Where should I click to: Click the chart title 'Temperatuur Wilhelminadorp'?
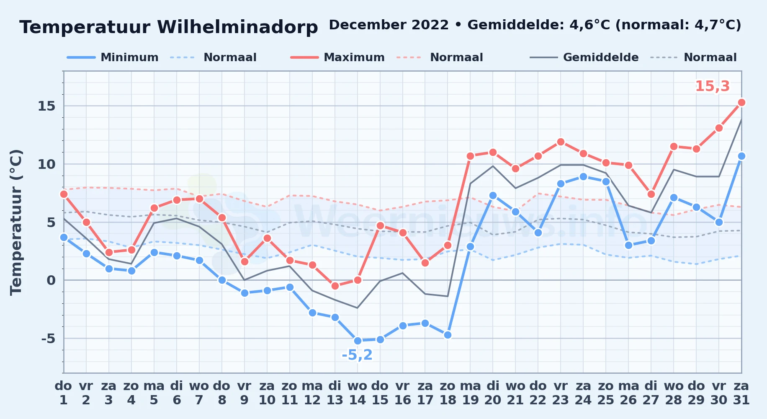point(169,27)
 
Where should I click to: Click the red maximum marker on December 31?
point(741,102)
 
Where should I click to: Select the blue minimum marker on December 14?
point(358,341)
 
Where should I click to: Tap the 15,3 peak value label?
point(712,86)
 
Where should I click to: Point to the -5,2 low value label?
point(357,355)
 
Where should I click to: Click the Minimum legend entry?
point(113,57)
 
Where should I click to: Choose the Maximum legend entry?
point(337,57)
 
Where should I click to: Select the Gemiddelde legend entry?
point(584,57)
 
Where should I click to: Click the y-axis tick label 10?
point(46,164)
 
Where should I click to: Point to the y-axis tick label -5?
point(48,339)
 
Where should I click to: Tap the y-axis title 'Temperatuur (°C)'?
point(16,222)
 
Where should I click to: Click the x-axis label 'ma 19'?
point(470,393)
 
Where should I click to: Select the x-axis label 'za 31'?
point(741,393)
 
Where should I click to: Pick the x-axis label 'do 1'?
point(64,393)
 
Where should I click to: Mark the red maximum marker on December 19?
point(470,156)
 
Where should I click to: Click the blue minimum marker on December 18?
point(448,335)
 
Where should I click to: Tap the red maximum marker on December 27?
point(651,194)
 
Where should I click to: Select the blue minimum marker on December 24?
point(583,176)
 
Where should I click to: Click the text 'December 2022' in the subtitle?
point(389,25)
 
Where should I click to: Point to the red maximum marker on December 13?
point(335,286)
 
